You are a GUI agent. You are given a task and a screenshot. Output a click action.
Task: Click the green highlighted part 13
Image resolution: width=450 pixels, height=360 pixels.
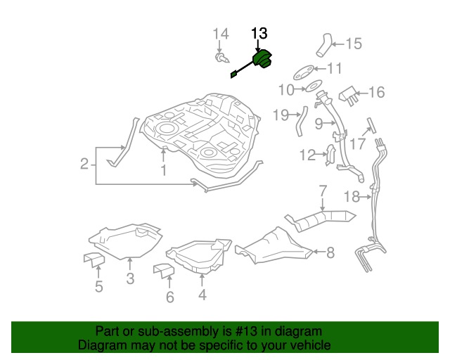click(263, 60)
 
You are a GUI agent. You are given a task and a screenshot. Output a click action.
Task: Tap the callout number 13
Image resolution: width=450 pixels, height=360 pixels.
click(259, 33)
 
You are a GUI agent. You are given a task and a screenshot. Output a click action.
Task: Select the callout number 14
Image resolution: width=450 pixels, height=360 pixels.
click(221, 34)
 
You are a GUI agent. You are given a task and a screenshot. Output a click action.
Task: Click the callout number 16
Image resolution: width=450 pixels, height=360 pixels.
click(376, 92)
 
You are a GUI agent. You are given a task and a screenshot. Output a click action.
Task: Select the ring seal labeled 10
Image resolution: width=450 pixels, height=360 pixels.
click(307, 89)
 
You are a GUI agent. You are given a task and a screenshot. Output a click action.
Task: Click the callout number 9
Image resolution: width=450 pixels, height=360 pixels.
click(319, 124)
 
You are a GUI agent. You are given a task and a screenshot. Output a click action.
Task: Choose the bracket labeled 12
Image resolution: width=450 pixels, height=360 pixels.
click(330, 156)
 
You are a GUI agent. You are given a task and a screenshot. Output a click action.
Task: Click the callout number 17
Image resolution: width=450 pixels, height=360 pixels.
click(358, 144)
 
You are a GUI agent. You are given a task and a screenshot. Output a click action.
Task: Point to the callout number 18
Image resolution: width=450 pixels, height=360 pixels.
click(352, 195)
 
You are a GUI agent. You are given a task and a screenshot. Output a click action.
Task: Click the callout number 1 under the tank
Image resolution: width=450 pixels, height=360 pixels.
click(162, 170)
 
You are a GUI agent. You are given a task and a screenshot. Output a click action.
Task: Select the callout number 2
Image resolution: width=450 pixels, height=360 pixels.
click(84, 165)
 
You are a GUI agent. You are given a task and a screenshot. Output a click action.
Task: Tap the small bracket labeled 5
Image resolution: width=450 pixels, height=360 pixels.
click(94, 259)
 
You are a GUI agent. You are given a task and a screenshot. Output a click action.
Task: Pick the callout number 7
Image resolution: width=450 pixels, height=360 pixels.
click(323, 191)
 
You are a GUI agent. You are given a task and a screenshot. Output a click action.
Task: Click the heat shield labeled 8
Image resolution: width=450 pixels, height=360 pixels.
click(274, 244)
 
